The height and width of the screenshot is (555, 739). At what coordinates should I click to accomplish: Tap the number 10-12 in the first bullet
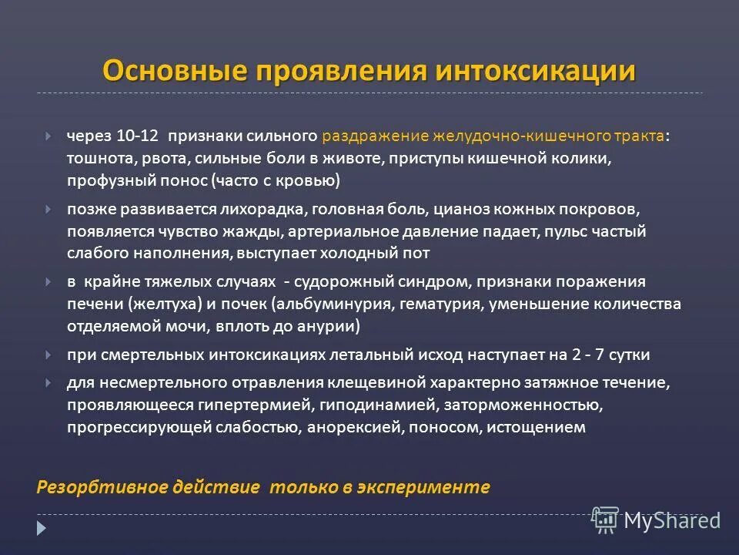click(138, 136)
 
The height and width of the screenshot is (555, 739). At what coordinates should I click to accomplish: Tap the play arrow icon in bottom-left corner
click(42, 529)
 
